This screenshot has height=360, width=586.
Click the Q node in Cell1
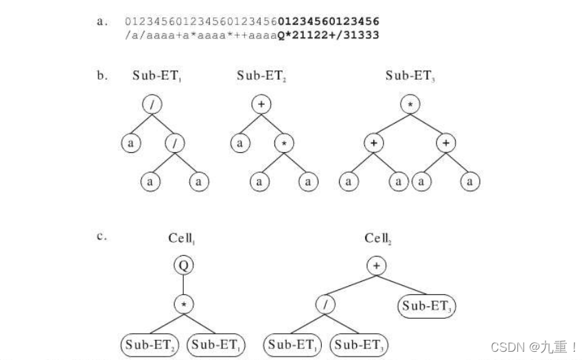[x=183, y=265]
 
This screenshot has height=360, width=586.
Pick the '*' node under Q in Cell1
[x=183, y=302]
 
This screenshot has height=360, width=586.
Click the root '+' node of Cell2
[x=376, y=265]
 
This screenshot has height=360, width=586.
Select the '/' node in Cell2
[x=325, y=302]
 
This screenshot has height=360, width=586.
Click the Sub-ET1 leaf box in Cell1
[x=215, y=344]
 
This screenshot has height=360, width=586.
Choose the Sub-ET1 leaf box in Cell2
[x=292, y=344]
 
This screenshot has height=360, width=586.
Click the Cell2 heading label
[x=378, y=238]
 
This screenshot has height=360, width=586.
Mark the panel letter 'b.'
[x=102, y=75]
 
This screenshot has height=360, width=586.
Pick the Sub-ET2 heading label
[x=261, y=76]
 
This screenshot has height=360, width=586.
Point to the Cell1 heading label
[x=183, y=238]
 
